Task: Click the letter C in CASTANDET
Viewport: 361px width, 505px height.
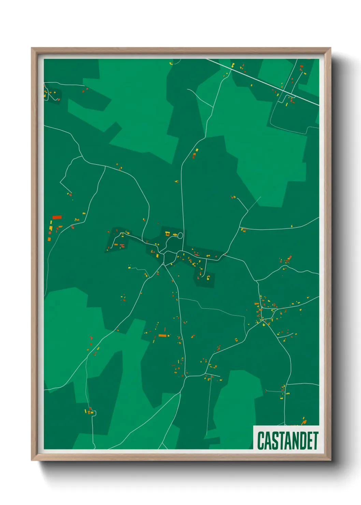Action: [x=261, y=441]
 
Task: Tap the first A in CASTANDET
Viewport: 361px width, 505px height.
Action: [x=268, y=441]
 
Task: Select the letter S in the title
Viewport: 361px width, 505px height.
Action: [x=275, y=441]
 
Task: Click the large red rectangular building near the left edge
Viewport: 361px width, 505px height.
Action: [x=57, y=217]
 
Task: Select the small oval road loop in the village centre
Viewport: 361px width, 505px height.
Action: [x=180, y=235]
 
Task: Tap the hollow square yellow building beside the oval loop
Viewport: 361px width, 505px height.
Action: [x=168, y=234]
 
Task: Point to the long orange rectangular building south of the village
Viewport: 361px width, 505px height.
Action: [x=162, y=335]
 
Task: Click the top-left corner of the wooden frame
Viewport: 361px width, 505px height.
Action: [x=32, y=48]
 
